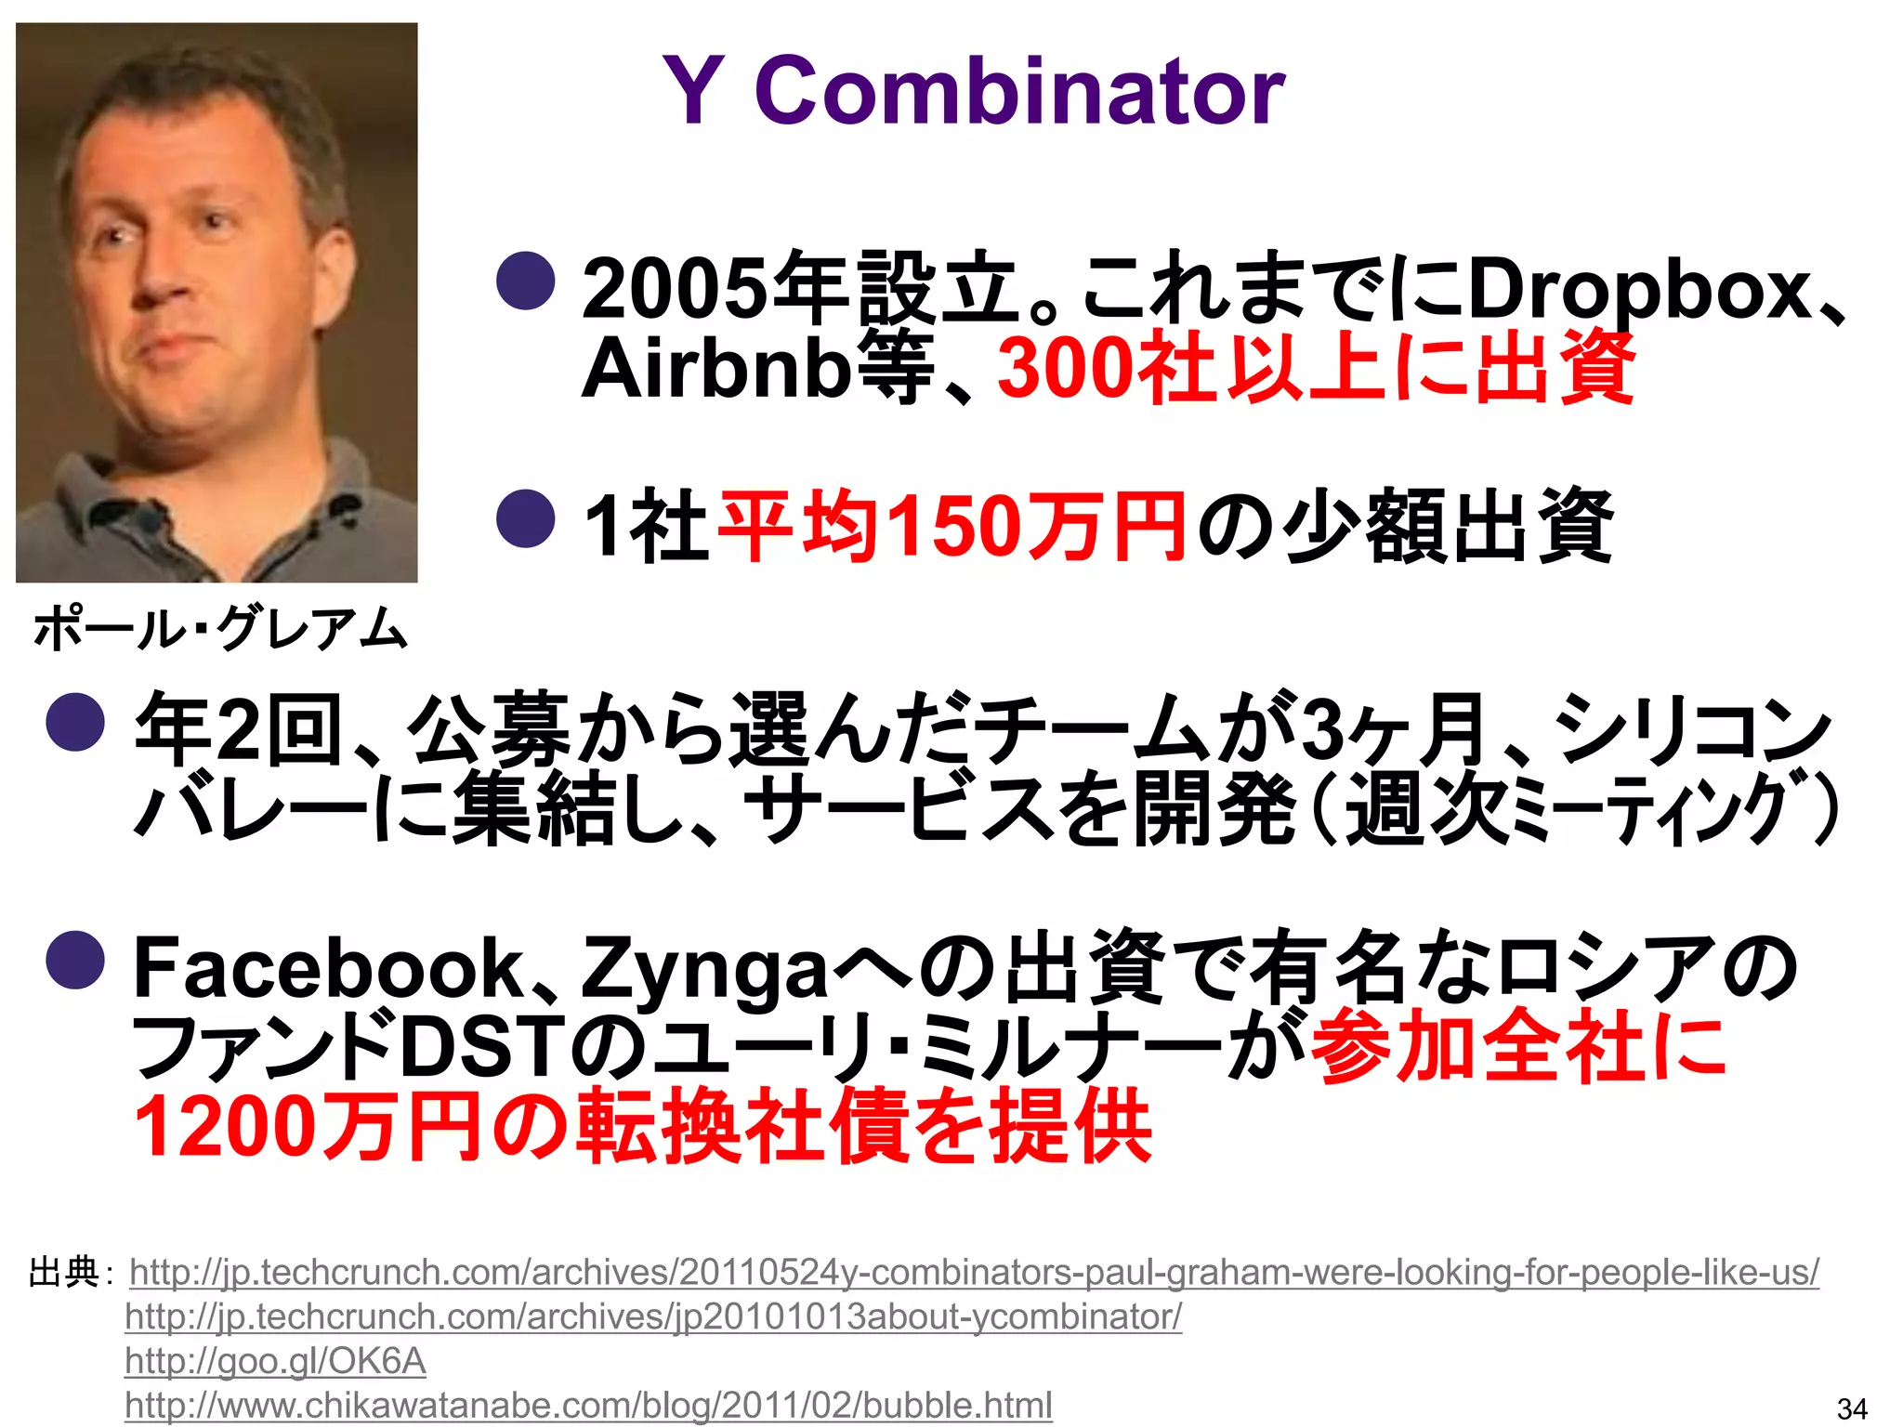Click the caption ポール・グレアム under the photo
220,629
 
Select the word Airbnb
715,370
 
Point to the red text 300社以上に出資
1314,370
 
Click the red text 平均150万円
951,528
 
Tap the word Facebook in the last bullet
330,969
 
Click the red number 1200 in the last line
223,1127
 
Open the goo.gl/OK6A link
275,1361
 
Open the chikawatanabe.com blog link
588,1406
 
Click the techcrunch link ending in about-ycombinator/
653,1316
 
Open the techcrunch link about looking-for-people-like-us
974,1272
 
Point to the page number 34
1852,1408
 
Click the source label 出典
63,1272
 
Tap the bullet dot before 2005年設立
526,281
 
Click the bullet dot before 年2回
75,722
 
